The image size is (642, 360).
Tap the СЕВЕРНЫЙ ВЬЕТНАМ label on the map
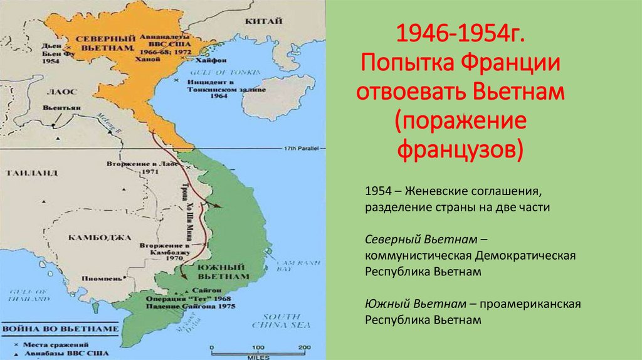coord(103,43)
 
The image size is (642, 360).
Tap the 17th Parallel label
coord(298,148)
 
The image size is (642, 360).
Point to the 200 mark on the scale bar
coord(304,347)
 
